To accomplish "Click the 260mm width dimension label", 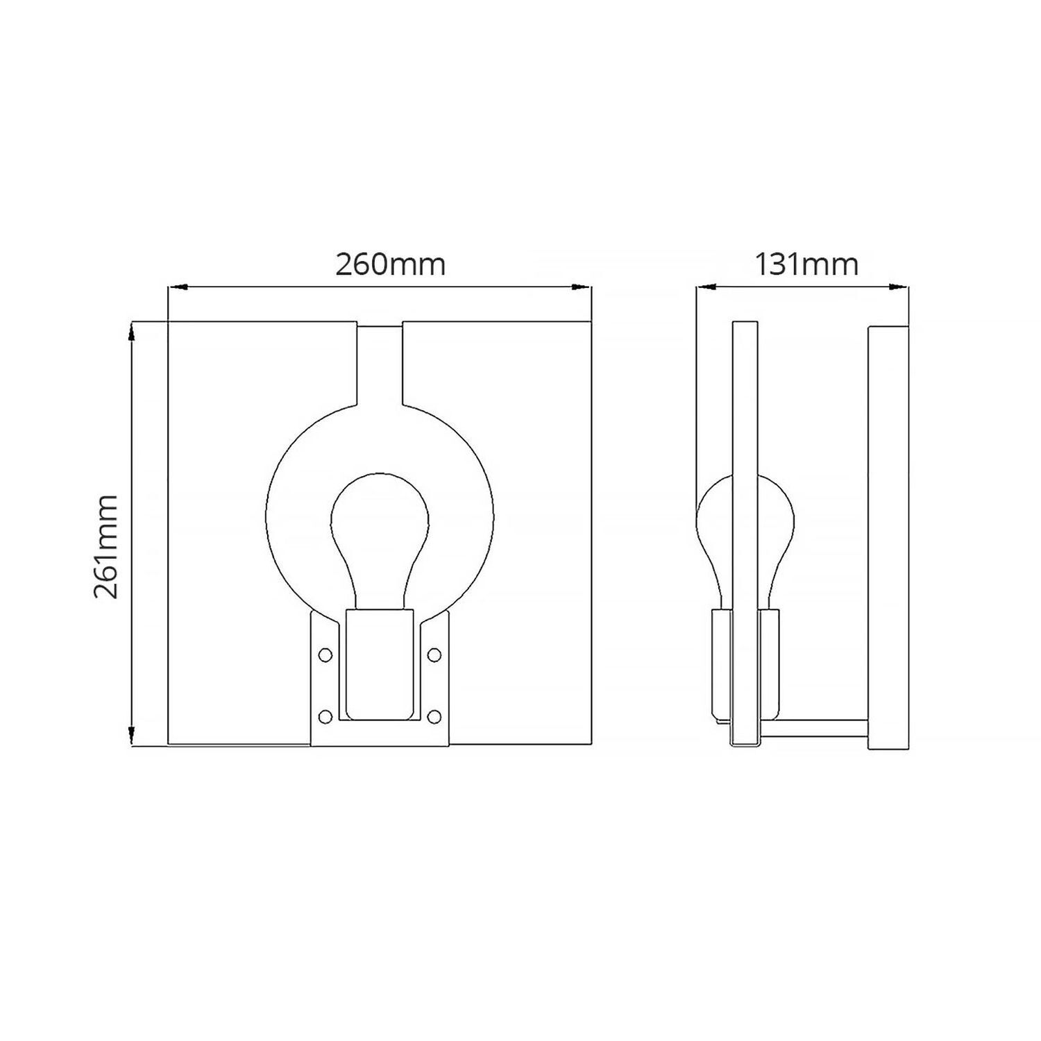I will (x=390, y=264).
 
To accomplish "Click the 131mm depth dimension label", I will (x=806, y=264).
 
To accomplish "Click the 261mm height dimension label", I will (x=106, y=547).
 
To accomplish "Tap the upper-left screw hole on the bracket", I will (x=324, y=654).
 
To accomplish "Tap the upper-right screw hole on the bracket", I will (x=434, y=654).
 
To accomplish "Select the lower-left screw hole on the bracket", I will (x=324, y=716).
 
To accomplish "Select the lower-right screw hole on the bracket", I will (x=434, y=716).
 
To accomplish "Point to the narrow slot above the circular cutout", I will (x=380, y=364).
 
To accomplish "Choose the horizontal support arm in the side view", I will (x=813, y=729).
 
